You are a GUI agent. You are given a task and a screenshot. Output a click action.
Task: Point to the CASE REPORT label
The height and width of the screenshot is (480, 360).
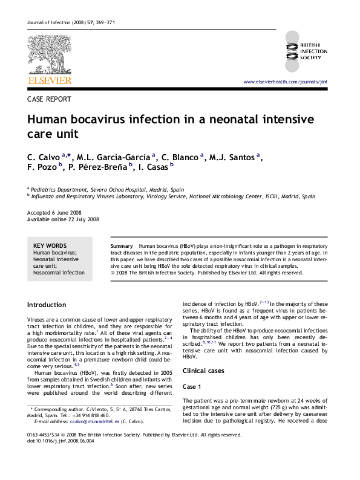point(50,99)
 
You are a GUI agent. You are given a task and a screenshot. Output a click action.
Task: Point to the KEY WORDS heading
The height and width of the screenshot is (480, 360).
point(50,245)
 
